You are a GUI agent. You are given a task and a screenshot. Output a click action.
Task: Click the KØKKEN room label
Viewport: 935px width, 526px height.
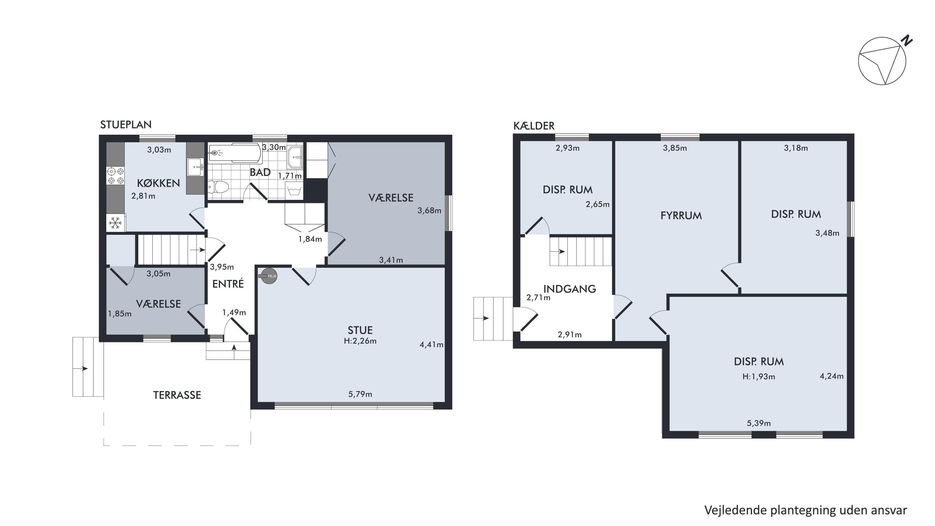158,183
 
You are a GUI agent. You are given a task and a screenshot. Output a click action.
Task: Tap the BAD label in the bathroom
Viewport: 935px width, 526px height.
260,172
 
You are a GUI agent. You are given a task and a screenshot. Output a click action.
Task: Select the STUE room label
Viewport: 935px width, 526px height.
360,330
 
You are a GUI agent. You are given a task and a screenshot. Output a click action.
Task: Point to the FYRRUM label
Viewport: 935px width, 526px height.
681,216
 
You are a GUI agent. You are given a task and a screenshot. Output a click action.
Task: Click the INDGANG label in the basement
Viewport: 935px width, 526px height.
569,289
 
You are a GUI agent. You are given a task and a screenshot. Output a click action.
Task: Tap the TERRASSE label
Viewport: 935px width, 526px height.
177,395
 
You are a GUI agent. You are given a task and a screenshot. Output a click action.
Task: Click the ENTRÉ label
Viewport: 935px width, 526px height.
228,283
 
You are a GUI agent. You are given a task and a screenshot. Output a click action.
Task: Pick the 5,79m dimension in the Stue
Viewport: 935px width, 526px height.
360,394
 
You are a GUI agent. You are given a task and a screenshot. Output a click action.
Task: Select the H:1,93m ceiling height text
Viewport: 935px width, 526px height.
759,377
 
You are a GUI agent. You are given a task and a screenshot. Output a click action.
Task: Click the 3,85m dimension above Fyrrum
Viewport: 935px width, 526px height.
675,148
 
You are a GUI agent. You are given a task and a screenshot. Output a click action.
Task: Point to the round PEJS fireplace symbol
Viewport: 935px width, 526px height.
269,276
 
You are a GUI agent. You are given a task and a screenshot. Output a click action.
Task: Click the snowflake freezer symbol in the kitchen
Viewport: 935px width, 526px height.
115,223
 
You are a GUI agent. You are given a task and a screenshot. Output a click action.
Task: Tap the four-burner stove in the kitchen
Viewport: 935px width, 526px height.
115,175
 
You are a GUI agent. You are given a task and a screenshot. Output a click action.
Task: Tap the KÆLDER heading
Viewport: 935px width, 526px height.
534,126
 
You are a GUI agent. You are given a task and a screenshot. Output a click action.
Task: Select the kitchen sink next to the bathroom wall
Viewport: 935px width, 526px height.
195,167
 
